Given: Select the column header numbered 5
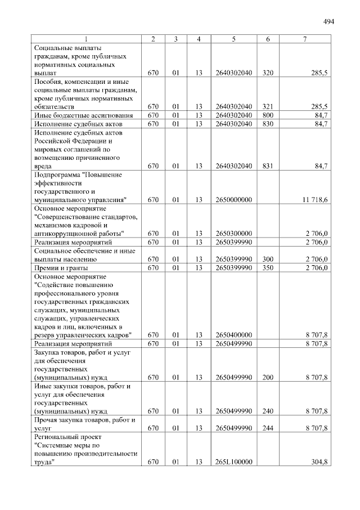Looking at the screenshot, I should (x=233, y=39).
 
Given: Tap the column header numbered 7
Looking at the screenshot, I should (x=305, y=39).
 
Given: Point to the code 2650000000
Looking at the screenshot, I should (x=233, y=199).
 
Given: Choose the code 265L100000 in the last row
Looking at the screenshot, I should (x=233, y=462).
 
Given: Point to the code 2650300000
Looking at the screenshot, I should (x=233, y=234).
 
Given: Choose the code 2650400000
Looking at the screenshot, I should (x=233, y=335).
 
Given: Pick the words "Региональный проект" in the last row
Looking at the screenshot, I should (x=67, y=437).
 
